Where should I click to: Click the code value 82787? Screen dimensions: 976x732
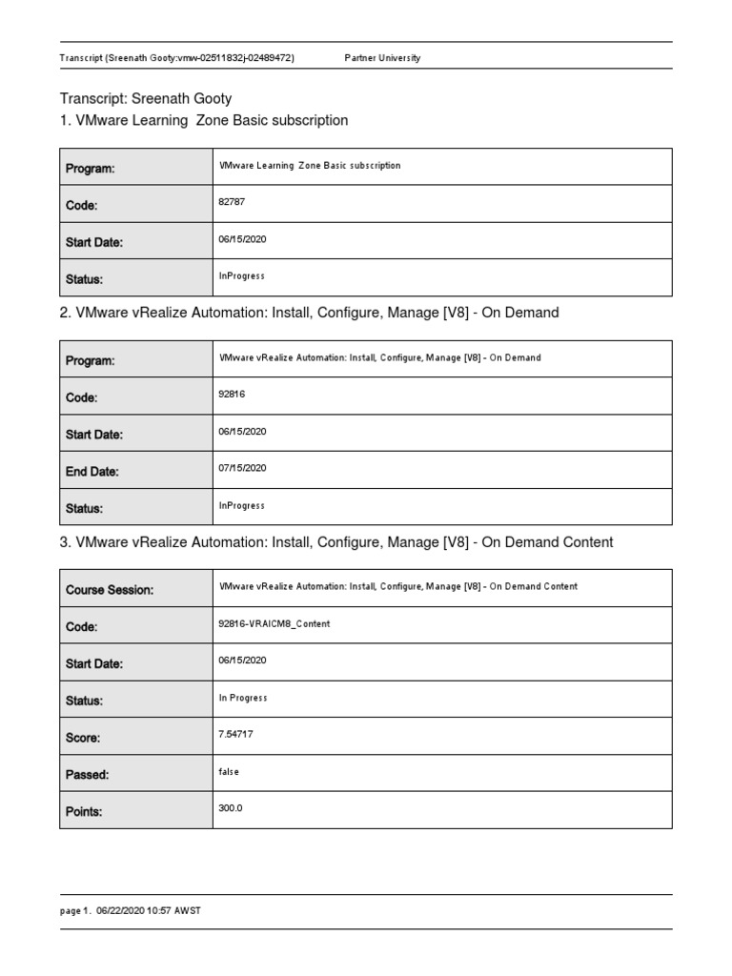(233, 202)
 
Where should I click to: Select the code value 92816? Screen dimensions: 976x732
(233, 394)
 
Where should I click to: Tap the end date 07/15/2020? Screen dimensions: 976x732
(242, 468)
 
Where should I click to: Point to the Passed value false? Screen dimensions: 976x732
(229, 772)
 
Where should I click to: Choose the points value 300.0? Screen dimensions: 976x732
(231, 808)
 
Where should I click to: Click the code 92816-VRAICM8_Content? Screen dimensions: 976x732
(274, 623)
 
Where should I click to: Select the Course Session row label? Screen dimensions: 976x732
(109, 590)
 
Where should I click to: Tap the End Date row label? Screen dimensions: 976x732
(91, 472)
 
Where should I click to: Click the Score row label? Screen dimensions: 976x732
(83, 738)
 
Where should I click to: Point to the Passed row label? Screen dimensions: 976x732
(87, 775)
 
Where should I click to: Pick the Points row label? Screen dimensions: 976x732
(84, 812)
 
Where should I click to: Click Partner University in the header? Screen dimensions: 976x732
(381, 58)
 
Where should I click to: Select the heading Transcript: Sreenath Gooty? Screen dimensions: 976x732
(146, 98)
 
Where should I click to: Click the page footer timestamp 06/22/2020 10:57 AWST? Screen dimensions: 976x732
(148, 911)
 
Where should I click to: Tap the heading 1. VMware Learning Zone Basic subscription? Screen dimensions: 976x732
(204, 121)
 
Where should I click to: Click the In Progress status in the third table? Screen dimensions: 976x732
(243, 698)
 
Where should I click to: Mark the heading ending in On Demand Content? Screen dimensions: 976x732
(336, 542)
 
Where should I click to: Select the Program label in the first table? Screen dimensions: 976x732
(90, 169)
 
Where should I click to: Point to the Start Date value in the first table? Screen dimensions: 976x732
(242, 239)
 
